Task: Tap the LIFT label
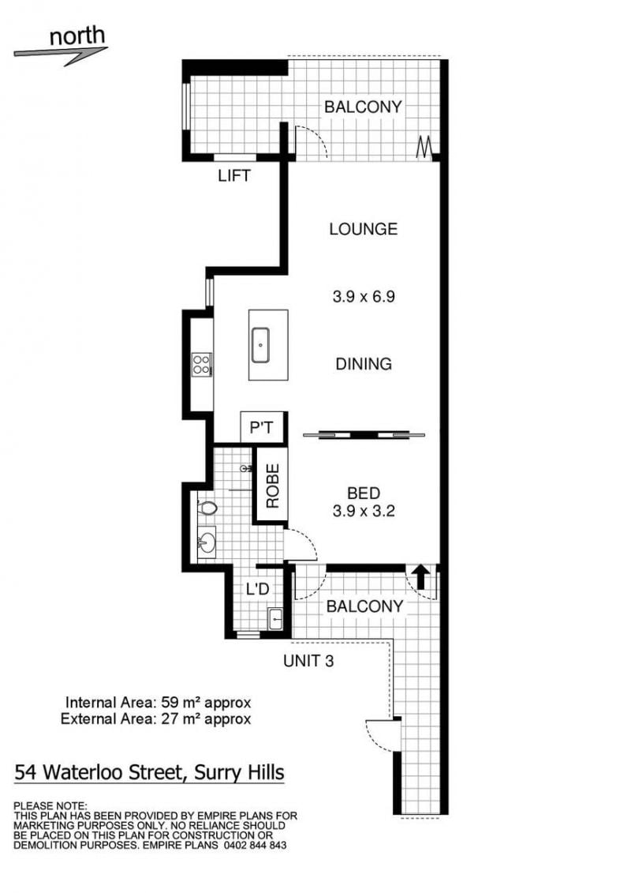233,175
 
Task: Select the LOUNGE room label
363,229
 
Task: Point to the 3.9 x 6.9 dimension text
364,297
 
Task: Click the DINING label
364,364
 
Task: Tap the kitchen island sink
260,344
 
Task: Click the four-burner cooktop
202,364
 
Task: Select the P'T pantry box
262,426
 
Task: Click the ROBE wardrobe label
273,486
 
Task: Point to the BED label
364,493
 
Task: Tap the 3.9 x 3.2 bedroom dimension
364,511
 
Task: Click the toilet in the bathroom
207,508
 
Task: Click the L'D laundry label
257,588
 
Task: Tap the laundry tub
274,618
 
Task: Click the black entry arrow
421,576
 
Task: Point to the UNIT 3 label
308,661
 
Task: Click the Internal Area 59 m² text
159,702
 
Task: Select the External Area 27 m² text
156,719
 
